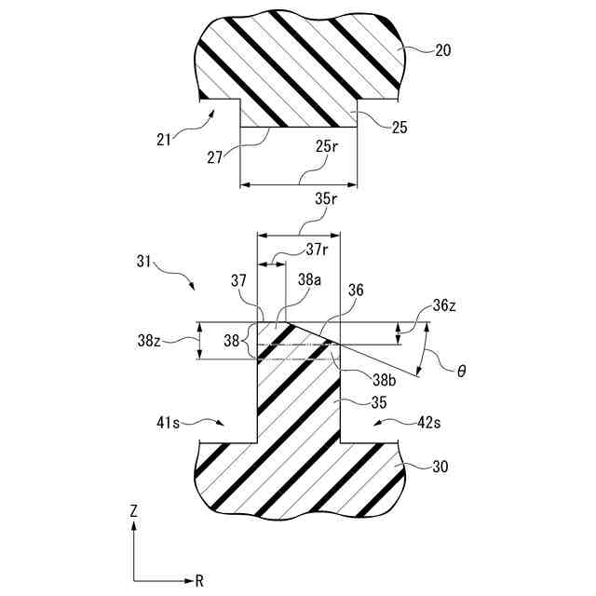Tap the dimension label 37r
tap(317, 250)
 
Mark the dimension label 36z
tap(445, 306)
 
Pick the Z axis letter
tap(134, 511)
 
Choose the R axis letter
tap(199, 580)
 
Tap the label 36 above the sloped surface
tap(355, 291)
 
